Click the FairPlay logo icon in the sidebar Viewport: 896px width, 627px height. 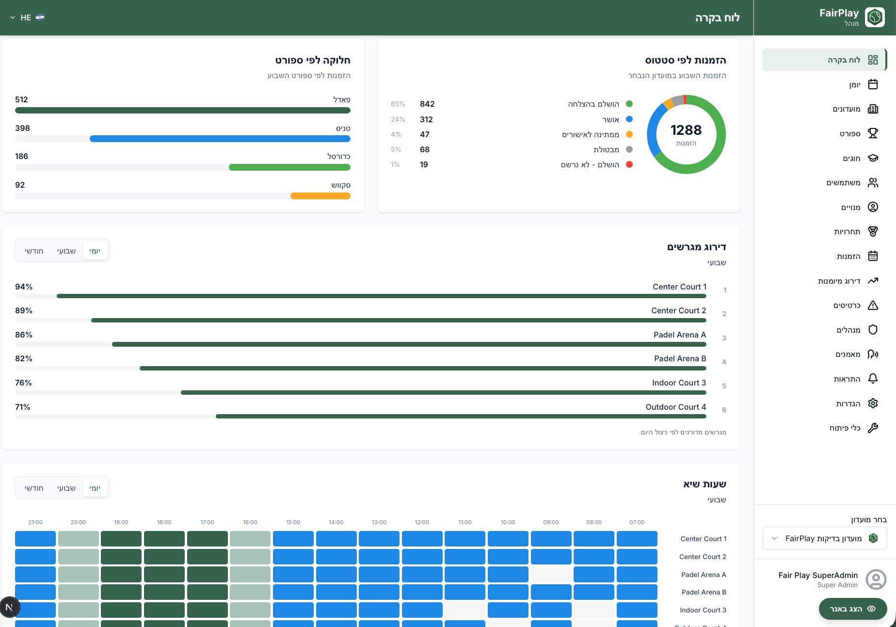point(875,17)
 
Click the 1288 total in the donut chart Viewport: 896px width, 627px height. point(686,130)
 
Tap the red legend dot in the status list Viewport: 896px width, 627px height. point(629,164)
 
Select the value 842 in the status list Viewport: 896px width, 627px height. point(427,104)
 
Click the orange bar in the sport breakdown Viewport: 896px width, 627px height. point(320,196)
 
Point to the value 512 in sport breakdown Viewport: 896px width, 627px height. point(21,99)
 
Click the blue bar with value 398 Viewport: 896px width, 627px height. point(220,139)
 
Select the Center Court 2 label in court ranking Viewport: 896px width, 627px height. point(678,310)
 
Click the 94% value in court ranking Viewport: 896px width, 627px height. point(24,287)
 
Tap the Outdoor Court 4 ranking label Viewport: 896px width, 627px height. point(676,407)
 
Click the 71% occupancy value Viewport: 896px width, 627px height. point(23,407)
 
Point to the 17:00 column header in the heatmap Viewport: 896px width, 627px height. point(207,522)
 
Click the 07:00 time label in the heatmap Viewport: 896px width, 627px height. point(637,522)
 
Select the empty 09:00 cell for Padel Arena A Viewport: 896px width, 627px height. point(551,574)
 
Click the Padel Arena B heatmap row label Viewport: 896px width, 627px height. point(704,592)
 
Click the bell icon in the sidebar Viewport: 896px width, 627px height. point(873,379)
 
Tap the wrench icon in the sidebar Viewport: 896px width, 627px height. point(873,428)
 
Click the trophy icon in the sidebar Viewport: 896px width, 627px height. point(873,133)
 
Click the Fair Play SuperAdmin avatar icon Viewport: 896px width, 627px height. point(876,579)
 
